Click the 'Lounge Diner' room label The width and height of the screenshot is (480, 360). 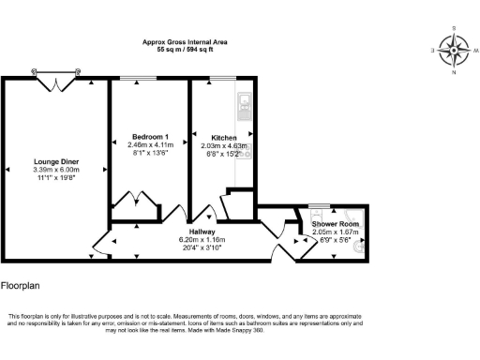56,162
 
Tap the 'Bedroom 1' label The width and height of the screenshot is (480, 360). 150,138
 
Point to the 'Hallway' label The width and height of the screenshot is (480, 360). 202,232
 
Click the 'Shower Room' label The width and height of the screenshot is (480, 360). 335,225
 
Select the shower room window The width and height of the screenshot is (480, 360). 320,205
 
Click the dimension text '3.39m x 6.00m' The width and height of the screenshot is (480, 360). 56,170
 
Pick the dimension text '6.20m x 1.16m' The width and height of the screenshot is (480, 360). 202,239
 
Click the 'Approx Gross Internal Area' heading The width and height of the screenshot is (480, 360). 185,42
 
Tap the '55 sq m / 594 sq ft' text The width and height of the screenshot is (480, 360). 185,50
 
